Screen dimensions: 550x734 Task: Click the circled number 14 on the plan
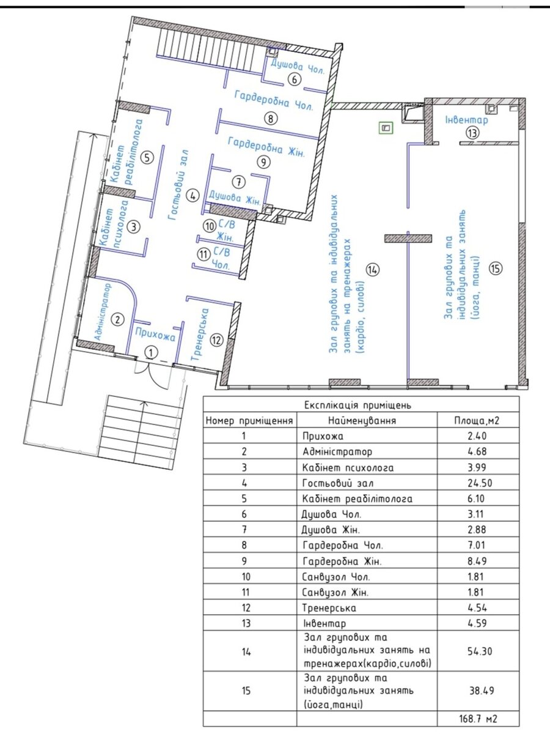click(372, 269)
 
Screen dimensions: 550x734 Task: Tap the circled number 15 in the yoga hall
click(495, 268)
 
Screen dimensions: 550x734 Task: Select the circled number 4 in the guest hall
click(193, 196)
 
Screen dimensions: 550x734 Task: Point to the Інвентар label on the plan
click(466, 120)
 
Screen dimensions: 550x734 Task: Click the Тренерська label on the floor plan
click(200, 335)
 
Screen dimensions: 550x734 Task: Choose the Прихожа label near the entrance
click(155, 335)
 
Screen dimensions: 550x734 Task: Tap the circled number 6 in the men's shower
click(294, 80)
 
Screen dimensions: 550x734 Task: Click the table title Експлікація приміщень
click(358, 406)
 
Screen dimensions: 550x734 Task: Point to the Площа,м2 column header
click(477, 420)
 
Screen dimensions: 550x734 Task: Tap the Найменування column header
click(362, 420)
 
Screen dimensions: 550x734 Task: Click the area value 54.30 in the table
click(480, 651)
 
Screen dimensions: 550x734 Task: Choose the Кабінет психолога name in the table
click(348, 467)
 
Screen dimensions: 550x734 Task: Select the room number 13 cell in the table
click(246, 623)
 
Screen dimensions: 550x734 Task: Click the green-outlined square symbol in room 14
click(386, 128)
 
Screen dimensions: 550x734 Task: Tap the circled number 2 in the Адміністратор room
click(117, 320)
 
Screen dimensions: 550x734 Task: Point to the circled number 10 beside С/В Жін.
click(210, 226)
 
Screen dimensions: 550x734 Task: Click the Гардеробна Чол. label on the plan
click(274, 100)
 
